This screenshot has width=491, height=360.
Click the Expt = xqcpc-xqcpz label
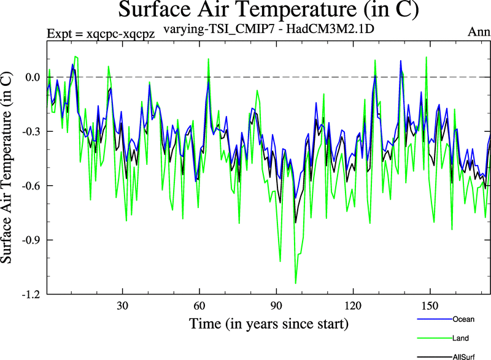click(x=101, y=34)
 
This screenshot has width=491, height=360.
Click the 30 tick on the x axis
click(x=123, y=305)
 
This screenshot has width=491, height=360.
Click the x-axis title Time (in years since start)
click(x=269, y=323)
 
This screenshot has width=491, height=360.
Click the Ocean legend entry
click(x=463, y=320)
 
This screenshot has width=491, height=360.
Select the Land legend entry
click(x=462, y=337)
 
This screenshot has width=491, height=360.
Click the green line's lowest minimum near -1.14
click(x=295, y=283)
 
